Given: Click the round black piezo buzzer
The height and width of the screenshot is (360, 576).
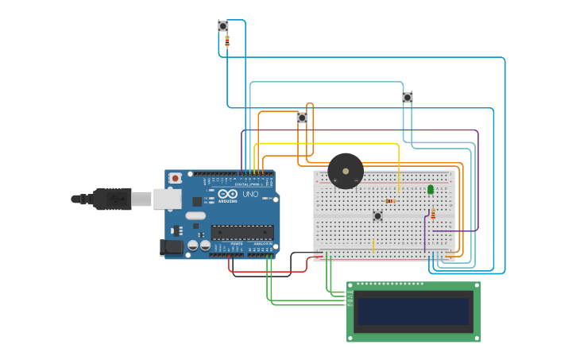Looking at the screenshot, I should pos(346,171).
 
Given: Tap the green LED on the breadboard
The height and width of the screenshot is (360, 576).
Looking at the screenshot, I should pos(431,189).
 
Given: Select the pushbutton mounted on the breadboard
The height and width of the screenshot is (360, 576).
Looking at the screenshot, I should pos(377,215).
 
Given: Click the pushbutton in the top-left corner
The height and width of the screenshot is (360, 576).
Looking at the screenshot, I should pos(223,26).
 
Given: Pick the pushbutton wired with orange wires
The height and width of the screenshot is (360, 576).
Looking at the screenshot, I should pos(302,118).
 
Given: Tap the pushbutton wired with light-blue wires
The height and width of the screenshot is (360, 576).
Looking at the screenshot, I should pos(408,98).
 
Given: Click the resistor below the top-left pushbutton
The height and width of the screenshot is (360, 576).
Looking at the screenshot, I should pos(227,41).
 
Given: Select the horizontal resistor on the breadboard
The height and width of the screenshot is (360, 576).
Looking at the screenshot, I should pos(389,201).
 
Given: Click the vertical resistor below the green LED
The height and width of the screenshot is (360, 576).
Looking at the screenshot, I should pos(433,214).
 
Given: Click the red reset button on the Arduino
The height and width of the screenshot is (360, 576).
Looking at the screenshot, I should pos(175,179).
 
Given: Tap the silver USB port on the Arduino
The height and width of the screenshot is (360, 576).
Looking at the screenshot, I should pos(168,199).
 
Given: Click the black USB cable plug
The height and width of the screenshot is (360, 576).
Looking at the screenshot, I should pos(111,199).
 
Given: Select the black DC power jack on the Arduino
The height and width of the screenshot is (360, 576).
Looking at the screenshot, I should pos(171,248).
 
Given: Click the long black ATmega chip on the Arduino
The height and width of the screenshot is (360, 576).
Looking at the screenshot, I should pos(242,233).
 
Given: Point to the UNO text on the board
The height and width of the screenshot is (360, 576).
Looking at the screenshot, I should pos(250,195).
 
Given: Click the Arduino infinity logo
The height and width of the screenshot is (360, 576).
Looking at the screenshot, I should pos(228,195).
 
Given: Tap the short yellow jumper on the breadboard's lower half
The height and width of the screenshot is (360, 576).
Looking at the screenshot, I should pos(373,246).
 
